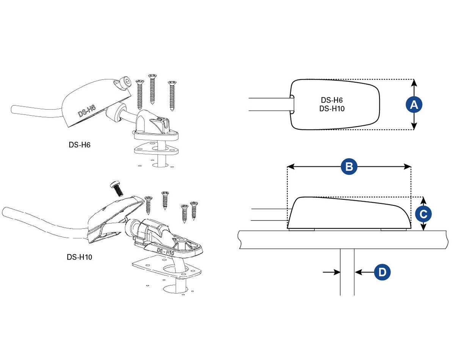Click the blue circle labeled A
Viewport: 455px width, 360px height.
[x=414, y=105]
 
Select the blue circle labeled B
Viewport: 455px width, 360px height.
[x=349, y=167]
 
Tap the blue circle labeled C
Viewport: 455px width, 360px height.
[x=423, y=214]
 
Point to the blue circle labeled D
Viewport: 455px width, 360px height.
[x=382, y=272]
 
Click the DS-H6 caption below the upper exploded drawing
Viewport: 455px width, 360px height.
[x=80, y=145]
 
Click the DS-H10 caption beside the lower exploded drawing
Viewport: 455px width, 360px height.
[x=79, y=257]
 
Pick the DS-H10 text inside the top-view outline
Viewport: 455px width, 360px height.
[x=332, y=109]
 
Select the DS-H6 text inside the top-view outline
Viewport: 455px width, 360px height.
[x=332, y=100]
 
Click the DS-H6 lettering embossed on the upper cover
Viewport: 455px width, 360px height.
[x=87, y=111]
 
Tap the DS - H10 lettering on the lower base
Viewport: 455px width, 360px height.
[x=165, y=252]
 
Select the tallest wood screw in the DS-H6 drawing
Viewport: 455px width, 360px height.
[x=152, y=89]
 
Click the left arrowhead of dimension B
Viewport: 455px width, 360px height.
[x=291, y=167]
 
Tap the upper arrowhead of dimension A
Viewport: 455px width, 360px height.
[x=414, y=83]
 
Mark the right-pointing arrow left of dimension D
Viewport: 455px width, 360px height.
[x=331, y=272]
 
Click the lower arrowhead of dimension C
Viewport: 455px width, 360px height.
[x=423, y=227]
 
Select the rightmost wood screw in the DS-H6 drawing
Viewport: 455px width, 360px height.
[x=172, y=96]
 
